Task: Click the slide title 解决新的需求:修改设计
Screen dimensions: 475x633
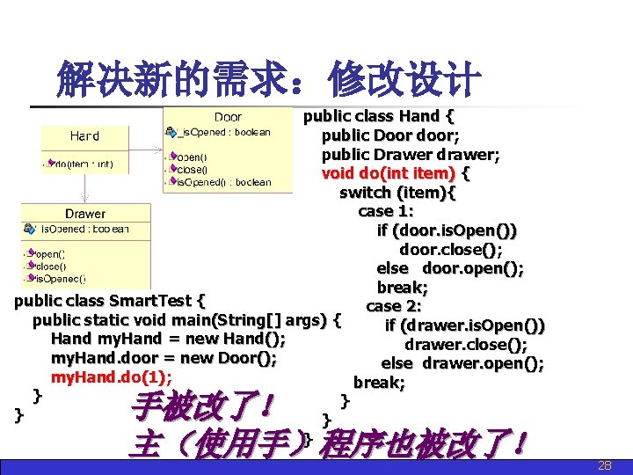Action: [268, 80]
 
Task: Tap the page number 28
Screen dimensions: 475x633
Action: [605, 465]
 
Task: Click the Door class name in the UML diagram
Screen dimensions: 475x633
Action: [228, 117]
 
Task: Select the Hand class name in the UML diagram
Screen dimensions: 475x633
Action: [84, 136]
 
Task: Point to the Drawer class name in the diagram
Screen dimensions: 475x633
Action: [85, 214]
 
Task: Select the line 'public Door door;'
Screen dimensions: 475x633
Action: [390, 135]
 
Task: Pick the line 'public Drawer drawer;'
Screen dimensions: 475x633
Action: [411, 155]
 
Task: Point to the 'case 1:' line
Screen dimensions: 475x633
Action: [386, 211]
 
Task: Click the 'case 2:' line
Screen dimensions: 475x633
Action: [394, 306]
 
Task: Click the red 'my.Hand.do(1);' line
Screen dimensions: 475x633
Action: [111, 377]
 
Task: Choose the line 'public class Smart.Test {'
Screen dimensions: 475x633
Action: [110, 301]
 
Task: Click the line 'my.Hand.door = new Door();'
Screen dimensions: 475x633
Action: [164, 358]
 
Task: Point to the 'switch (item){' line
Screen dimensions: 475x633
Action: [397, 193]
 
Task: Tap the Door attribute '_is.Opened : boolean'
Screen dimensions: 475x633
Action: [224, 133]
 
